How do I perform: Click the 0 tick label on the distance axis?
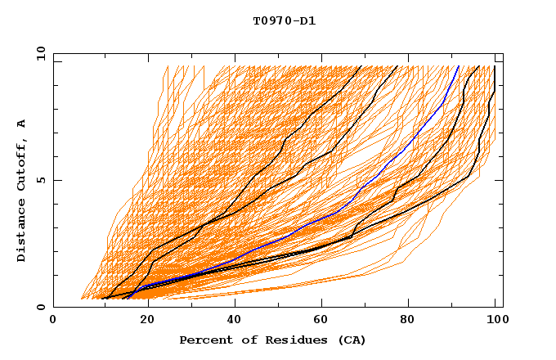[41, 308]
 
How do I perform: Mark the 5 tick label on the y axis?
[41, 180]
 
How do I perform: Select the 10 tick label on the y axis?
[38, 53]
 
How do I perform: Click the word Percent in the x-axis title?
[204, 340]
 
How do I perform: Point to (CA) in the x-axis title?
[349, 340]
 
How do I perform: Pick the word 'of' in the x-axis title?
[244, 340]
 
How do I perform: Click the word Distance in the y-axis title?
[21, 233]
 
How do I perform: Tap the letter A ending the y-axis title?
[21, 123]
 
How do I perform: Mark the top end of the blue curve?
[459, 66]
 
